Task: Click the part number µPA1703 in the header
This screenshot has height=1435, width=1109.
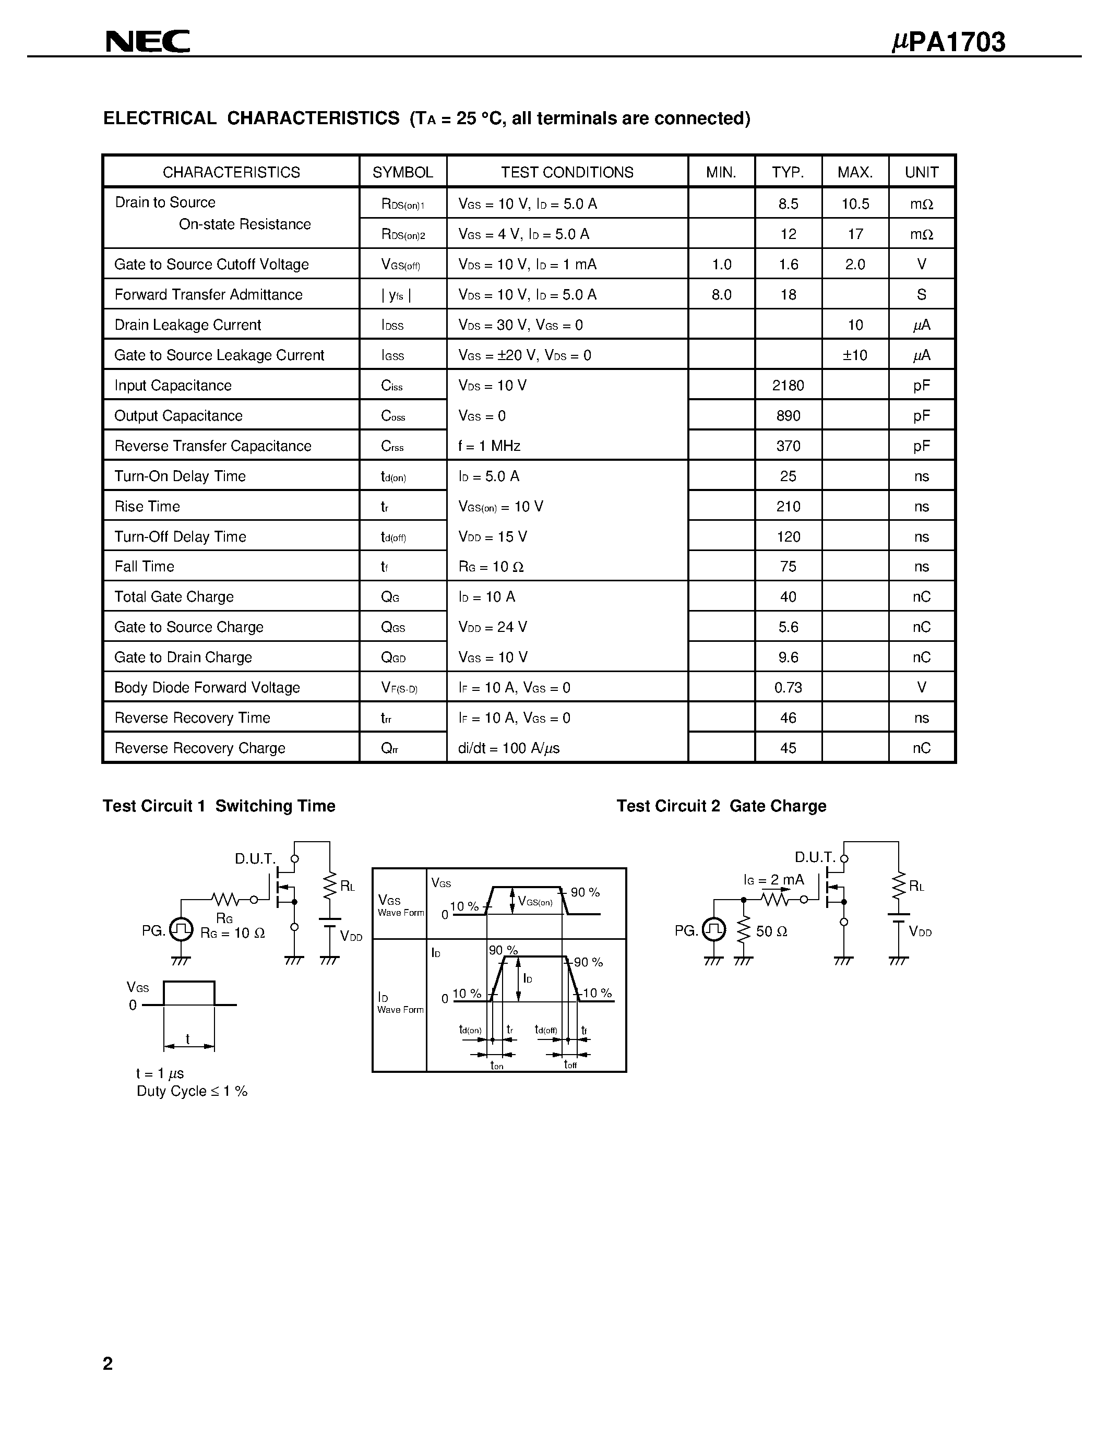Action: click(948, 42)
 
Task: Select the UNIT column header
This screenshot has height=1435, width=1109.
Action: click(921, 172)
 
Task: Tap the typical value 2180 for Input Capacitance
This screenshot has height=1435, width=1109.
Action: click(788, 386)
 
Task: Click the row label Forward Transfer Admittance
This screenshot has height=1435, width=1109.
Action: click(208, 295)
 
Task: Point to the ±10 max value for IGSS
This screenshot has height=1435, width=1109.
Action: click(855, 355)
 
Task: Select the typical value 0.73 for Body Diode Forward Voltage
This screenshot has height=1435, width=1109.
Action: click(788, 688)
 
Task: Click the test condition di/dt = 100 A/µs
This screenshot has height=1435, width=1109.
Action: click(509, 748)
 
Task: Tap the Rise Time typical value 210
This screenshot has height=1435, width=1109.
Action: click(788, 507)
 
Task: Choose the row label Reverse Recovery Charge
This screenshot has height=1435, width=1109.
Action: click(200, 748)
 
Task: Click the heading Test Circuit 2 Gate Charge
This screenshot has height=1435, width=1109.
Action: click(721, 806)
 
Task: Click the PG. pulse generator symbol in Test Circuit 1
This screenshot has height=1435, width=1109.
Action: click(181, 929)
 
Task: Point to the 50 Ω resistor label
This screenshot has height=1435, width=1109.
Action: click(771, 931)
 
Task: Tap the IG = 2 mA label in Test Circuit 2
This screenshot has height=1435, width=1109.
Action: click(773, 880)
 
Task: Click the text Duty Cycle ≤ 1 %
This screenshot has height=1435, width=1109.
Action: click(192, 1091)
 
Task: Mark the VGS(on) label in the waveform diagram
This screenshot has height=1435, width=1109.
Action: click(535, 902)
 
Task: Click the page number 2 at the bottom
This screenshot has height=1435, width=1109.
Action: click(108, 1364)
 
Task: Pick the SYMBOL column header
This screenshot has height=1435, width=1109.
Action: click(403, 172)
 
